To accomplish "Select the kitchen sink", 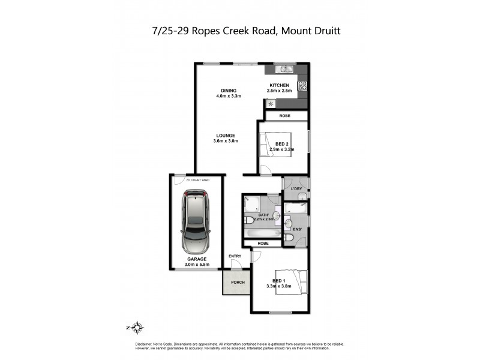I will (283, 69).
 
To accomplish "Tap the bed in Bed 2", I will (275, 145).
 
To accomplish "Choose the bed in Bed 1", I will (293, 281).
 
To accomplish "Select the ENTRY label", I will (235, 256).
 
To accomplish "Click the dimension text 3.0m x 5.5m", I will (196, 265).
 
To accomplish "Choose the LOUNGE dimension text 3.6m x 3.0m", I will (226, 141).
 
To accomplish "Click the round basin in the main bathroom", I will (277, 215).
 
